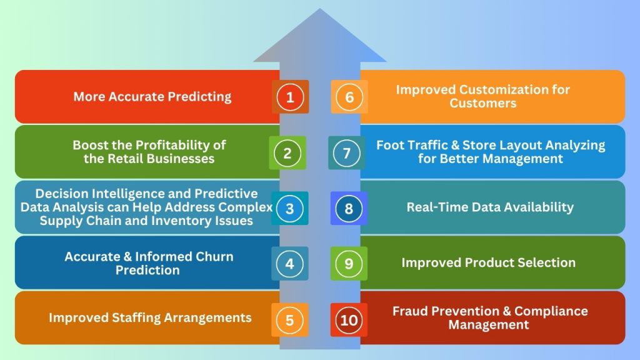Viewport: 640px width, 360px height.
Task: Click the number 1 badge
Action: (x=290, y=97)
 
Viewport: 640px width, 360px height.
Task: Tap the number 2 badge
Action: (x=287, y=152)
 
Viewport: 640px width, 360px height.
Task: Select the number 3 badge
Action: (x=289, y=208)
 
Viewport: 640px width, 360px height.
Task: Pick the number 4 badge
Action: (x=289, y=263)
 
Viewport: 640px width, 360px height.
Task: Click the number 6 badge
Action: (x=349, y=97)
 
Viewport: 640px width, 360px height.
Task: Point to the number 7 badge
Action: (x=347, y=152)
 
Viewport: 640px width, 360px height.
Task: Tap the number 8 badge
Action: (x=349, y=208)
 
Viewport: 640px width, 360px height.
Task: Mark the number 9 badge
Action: (x=349, y=263)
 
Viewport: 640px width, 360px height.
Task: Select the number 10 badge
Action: (x=349, y=321)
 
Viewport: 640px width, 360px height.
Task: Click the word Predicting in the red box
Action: (x=199, y=97)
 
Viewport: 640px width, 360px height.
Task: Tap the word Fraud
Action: (x=411, y=311)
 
